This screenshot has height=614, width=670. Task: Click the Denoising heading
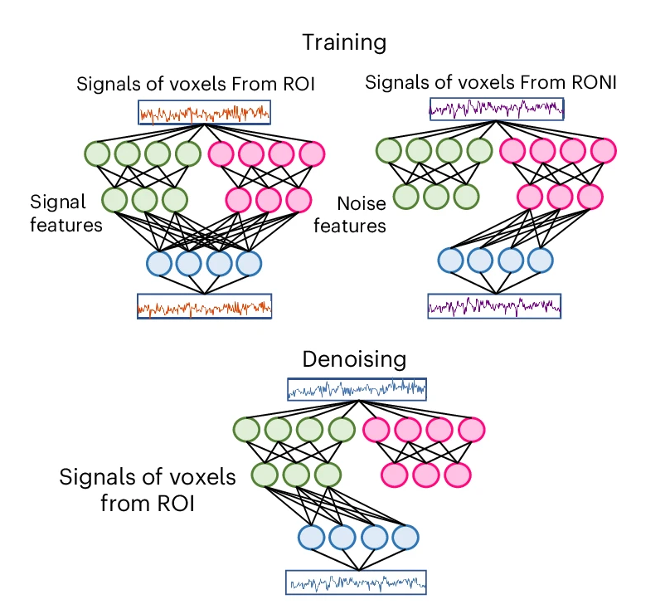(354, 359)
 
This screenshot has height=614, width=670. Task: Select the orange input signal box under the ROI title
(205, 112)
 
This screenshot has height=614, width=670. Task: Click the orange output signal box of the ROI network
(205, 308)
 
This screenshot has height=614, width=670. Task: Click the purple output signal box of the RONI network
(494, 306)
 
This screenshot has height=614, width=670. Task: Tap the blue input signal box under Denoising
(356, 388)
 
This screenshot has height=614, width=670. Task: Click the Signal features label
(66, 213)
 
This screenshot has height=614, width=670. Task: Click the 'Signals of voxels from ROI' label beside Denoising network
(148, 490)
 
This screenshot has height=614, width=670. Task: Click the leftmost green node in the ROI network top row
(98, 153)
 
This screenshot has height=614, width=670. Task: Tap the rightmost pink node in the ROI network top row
(312, 153)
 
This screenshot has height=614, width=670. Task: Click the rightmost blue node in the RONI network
(540, 260)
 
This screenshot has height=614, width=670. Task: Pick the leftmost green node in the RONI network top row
(389, 150)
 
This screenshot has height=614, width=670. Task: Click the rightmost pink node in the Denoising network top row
(472, 430)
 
